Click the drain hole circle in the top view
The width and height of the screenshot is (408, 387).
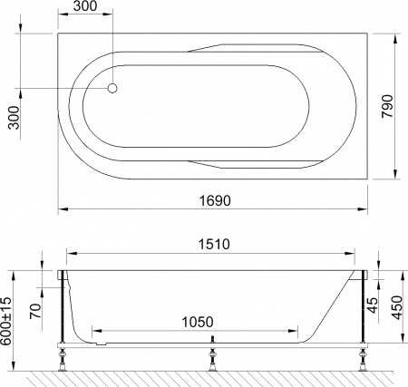[x=113, y=88]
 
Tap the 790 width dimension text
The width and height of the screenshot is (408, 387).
[x=386, y=107]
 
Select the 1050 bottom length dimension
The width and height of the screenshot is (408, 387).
[x=197, y=321]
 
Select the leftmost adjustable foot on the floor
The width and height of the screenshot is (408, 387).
[x=63, y=360]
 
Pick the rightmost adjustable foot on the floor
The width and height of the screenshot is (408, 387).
[x=362, y=360]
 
